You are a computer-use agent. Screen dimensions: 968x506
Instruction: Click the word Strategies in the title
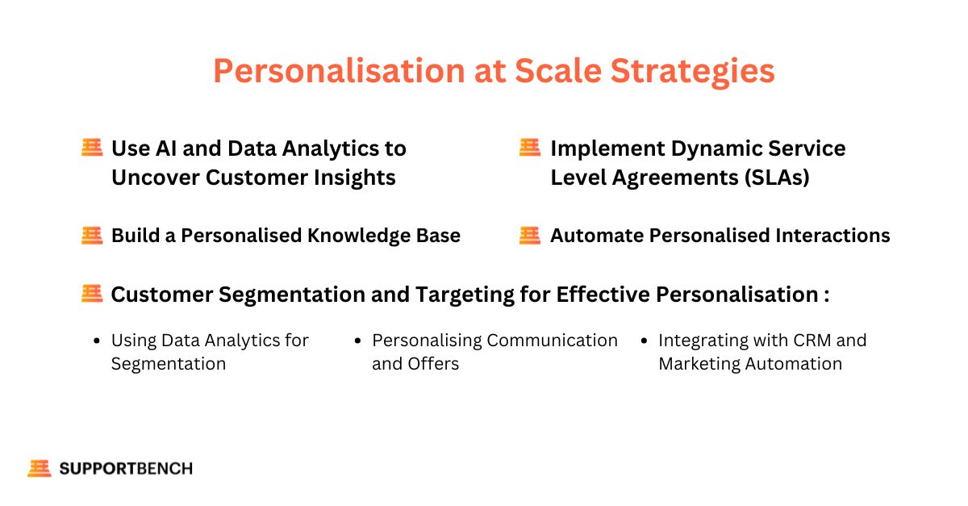[692, 71]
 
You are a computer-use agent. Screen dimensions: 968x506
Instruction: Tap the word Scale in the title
[558, 70]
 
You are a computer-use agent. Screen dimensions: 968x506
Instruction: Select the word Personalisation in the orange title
[340, 70]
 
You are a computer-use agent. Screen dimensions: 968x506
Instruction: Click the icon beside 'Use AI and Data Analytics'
[92, 147]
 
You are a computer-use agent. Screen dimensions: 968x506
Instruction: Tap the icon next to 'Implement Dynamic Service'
[530, 147]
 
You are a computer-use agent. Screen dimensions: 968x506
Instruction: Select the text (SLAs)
[777, 178]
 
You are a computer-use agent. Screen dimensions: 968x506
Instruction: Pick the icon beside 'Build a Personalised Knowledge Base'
[92, 236]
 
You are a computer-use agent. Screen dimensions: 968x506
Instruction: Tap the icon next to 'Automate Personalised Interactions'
[530, 236]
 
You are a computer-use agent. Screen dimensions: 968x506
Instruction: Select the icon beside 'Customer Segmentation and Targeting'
[92, 294]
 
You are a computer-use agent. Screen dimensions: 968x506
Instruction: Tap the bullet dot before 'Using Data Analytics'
[97, 341]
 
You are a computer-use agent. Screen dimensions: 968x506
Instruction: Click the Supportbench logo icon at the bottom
[40, 468]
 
